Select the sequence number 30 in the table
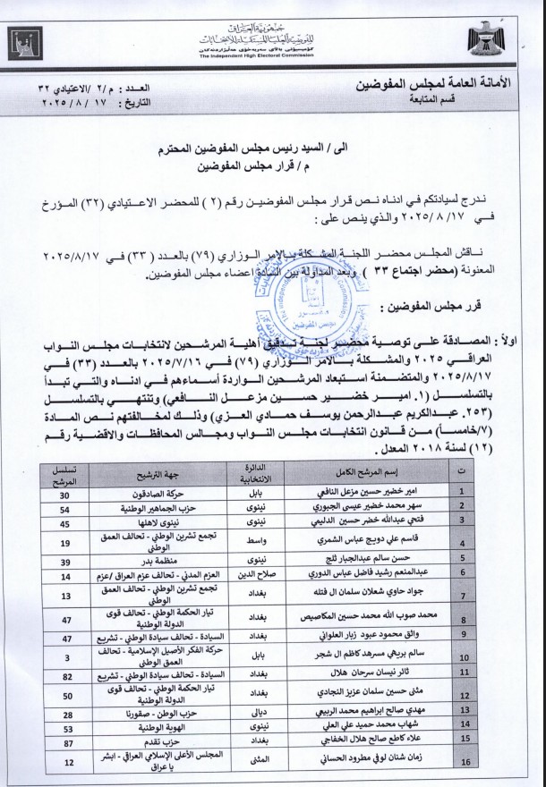click(x=64, y=492)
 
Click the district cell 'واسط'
click(x=250, y=542)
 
